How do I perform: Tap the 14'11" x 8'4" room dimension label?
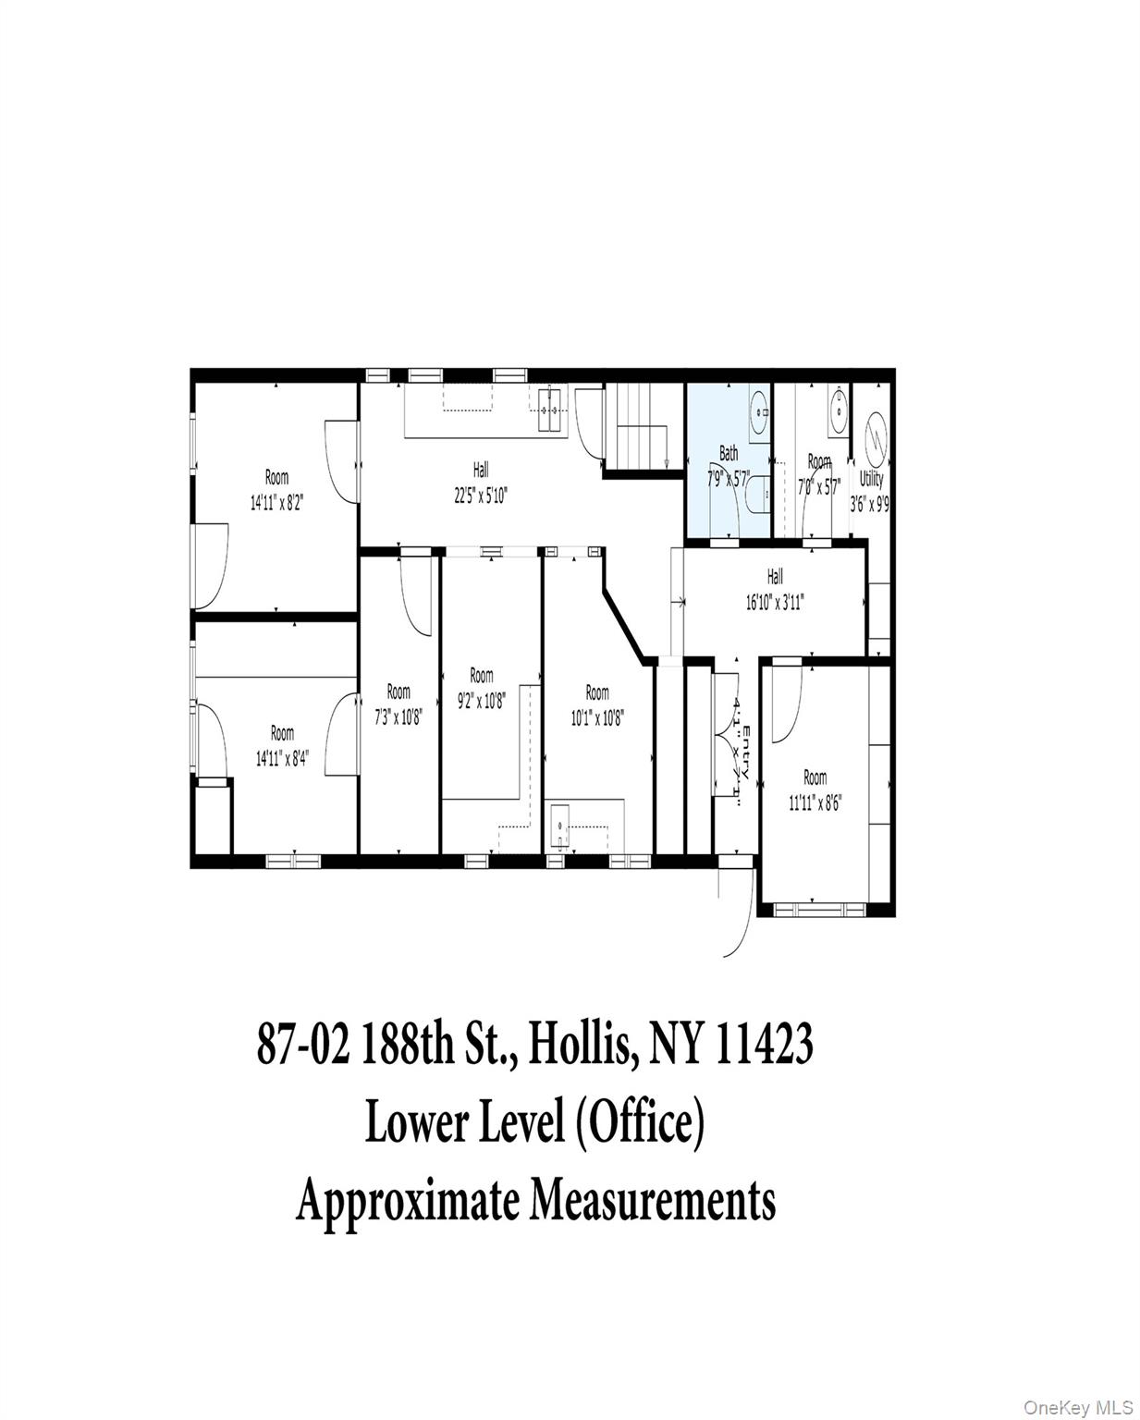tap(282, 745)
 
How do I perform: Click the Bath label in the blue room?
tap(729, 453)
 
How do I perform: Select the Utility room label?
tap(871, 479)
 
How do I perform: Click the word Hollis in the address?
tap(580, 1046)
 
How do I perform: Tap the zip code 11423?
tap(764, 1046)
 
